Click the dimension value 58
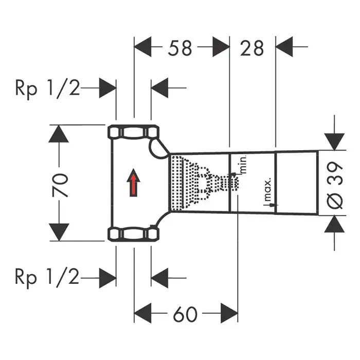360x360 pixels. tap(179, 48)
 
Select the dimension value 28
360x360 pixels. tap(252, 48)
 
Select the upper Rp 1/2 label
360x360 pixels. tap(47, 88)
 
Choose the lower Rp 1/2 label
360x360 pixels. tap(47, 278)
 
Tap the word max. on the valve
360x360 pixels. tap(268, 191)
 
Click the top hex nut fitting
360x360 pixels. tap(133, 133)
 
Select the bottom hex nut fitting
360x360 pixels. tap(133, 235)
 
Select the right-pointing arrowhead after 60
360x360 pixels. tap(229, 314)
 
